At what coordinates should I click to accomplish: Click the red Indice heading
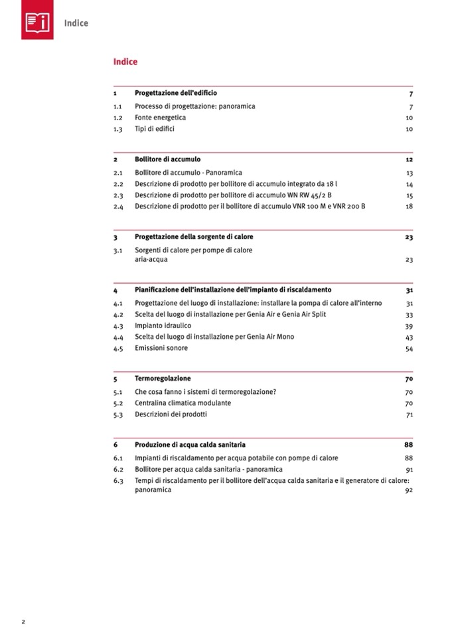click(x=125, y=62)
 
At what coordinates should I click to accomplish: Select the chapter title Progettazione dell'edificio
click(x=175, y=94)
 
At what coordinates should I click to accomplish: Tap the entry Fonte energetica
click(x=160, y=118)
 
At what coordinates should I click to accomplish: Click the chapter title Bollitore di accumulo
click(x=167, y=160)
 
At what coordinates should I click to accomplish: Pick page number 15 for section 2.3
click(x=410, y=195)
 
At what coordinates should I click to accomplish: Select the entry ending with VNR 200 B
click(x=250, y=207)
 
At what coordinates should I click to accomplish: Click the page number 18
click(x=410, y=207)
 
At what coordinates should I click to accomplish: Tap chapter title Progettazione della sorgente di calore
click(x=194, y=237)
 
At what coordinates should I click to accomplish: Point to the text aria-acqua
click(x=151, y=260)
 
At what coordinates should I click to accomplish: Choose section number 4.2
click(x=118, y=315)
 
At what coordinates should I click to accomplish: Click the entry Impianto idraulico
click(x=163, y=326)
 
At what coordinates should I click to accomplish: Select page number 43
click(x=410, y=337)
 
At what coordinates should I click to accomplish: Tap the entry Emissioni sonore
click(x=161, y=348)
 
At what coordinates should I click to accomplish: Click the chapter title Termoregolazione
click(x=163, y=379)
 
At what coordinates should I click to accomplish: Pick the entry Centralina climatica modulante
click(x=183, y=403)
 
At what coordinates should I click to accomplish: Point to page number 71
click(x=410, y=414)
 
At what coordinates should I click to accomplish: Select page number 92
click(x=410, y=490)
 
